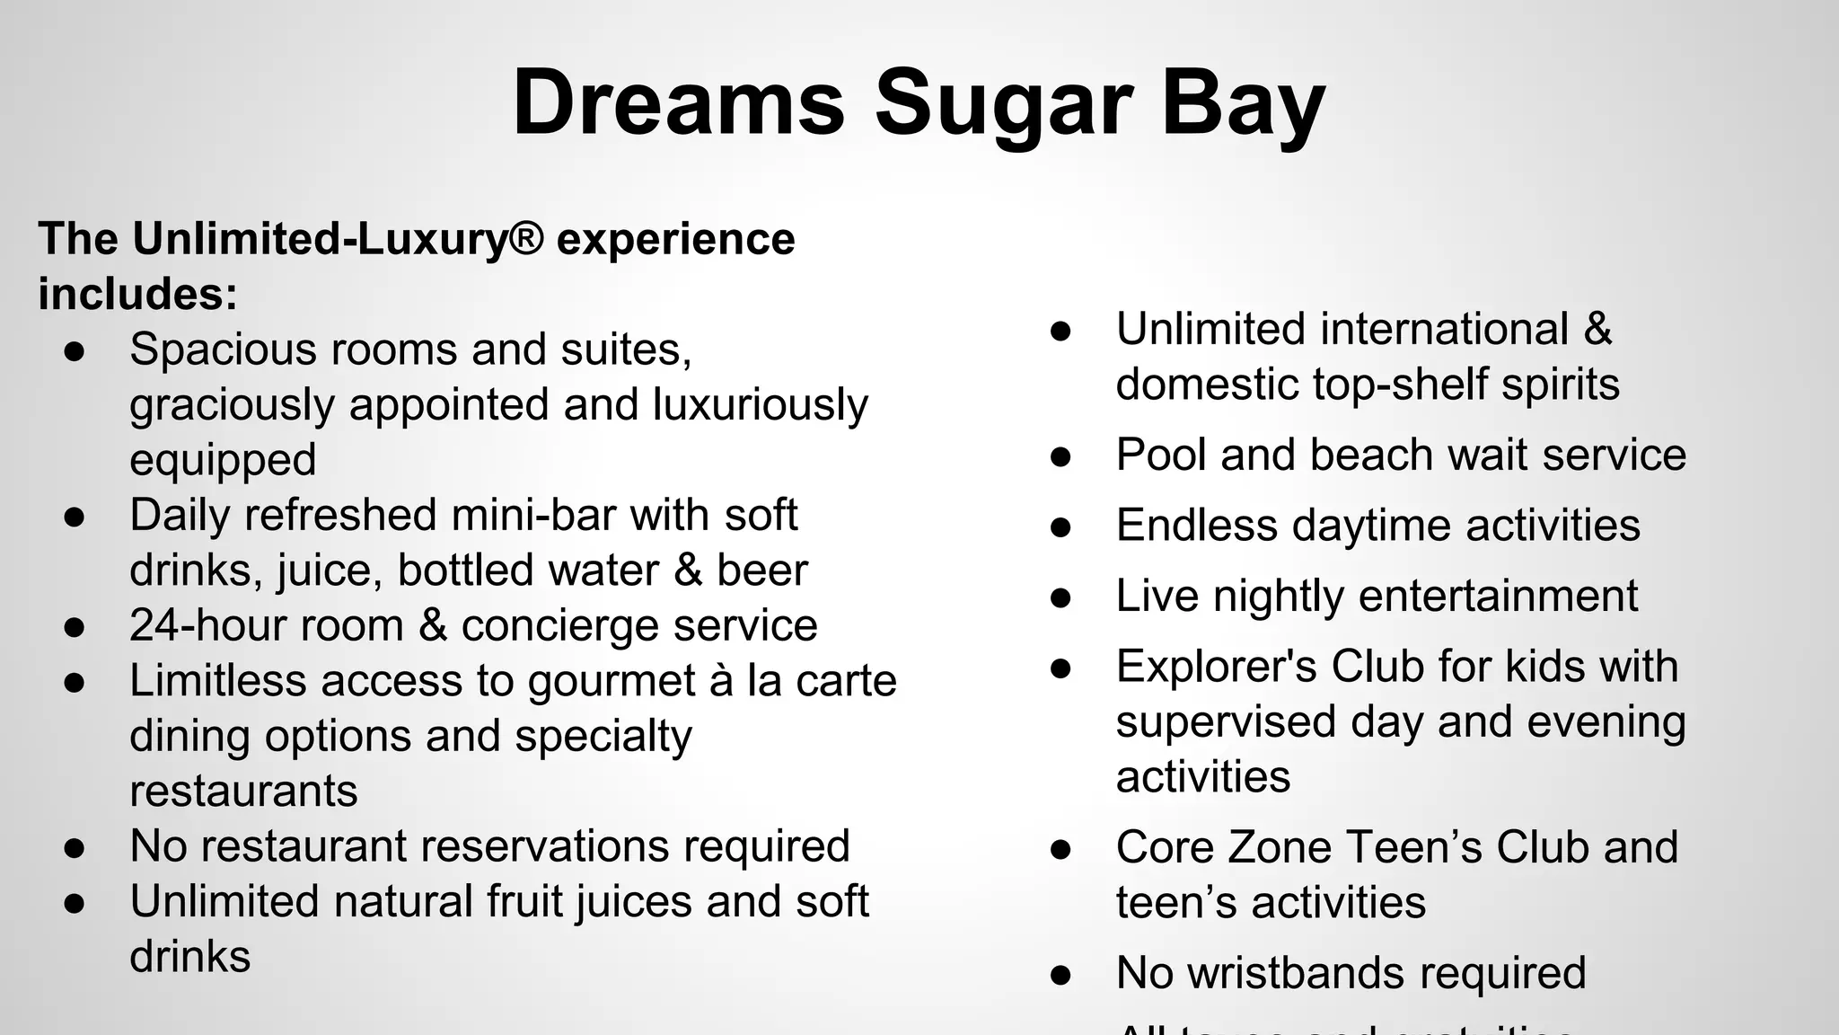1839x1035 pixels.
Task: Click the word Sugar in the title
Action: coord(1002,104)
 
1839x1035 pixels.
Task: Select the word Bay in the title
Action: coord(1243,104)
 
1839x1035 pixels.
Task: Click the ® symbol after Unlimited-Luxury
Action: coord(526,239)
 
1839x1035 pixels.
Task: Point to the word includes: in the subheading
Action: coord(138,294)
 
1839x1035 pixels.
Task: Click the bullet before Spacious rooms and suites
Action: coord(75,350)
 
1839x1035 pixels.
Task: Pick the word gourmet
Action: coord(612,682)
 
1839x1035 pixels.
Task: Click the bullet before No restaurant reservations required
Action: coord(75,847)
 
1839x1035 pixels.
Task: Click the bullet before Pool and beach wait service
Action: coord(1060,456)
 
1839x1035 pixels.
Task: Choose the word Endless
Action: coord(1196,526)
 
